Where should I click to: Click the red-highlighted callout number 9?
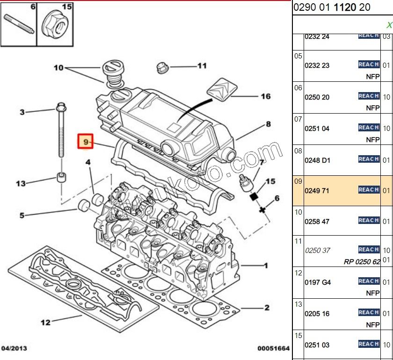coord(86,141)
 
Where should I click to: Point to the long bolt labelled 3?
coord(61,131)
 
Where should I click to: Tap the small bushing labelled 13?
coord(61,178)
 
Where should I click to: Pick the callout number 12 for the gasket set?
coord(45,322)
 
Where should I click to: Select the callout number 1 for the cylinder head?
coord(266,266)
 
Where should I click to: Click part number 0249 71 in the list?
coord(317,190)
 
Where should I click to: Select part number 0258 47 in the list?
coord(317,221)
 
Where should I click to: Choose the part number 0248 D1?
coord(317,160)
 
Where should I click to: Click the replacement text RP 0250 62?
coord(362,261)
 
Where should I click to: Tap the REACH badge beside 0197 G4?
coord(368,281)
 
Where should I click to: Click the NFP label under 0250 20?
coord(372,108)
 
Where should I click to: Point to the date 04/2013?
coord(14,348)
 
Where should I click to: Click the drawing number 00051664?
coord(273,348)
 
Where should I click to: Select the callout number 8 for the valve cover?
coord(268,124)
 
